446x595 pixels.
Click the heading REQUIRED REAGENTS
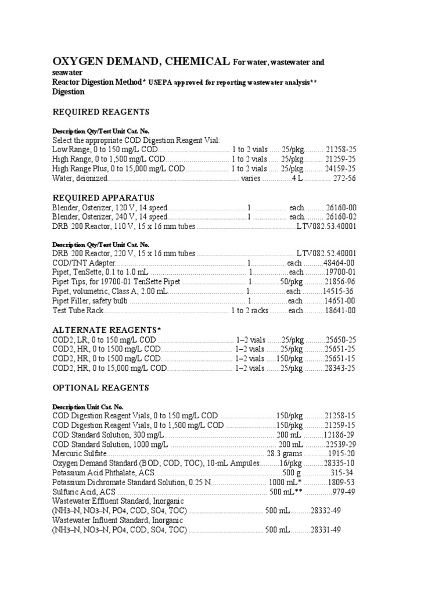click(x=101, y=112)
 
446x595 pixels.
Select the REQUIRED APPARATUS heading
click(x=103, y=198)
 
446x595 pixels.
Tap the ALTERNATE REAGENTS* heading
click(x=107, y=330)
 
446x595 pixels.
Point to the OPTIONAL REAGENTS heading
click(x=101, y=388)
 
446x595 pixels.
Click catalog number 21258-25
click(x=341, y=149)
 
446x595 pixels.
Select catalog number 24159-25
click(x=341, y=169)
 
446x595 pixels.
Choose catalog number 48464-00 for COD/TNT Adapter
click(x=339, y=263)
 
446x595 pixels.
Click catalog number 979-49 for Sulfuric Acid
click(x=343, y=492)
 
